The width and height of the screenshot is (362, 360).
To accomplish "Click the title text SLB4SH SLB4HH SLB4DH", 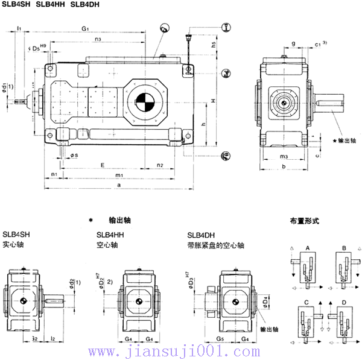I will [51, 5].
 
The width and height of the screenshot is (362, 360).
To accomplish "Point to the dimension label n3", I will [98, 40].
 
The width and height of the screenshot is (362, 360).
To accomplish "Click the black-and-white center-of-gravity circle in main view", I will [145, 102].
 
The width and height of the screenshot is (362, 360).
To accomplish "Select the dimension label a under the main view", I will [118, 184].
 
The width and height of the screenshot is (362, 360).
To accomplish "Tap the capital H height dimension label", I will [215, 101].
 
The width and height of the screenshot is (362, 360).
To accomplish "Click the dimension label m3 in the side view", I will [284, 157].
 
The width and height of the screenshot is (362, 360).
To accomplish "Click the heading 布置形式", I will [302, 221].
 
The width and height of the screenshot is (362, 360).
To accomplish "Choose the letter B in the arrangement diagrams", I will [344, 248].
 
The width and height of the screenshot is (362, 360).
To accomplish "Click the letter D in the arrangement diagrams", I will [344, 301].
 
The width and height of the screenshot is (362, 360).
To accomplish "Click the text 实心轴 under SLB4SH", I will [13, 245].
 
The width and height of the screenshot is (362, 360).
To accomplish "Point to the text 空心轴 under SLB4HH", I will [107, 245].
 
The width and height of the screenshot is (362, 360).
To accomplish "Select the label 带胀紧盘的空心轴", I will [215, 245].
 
